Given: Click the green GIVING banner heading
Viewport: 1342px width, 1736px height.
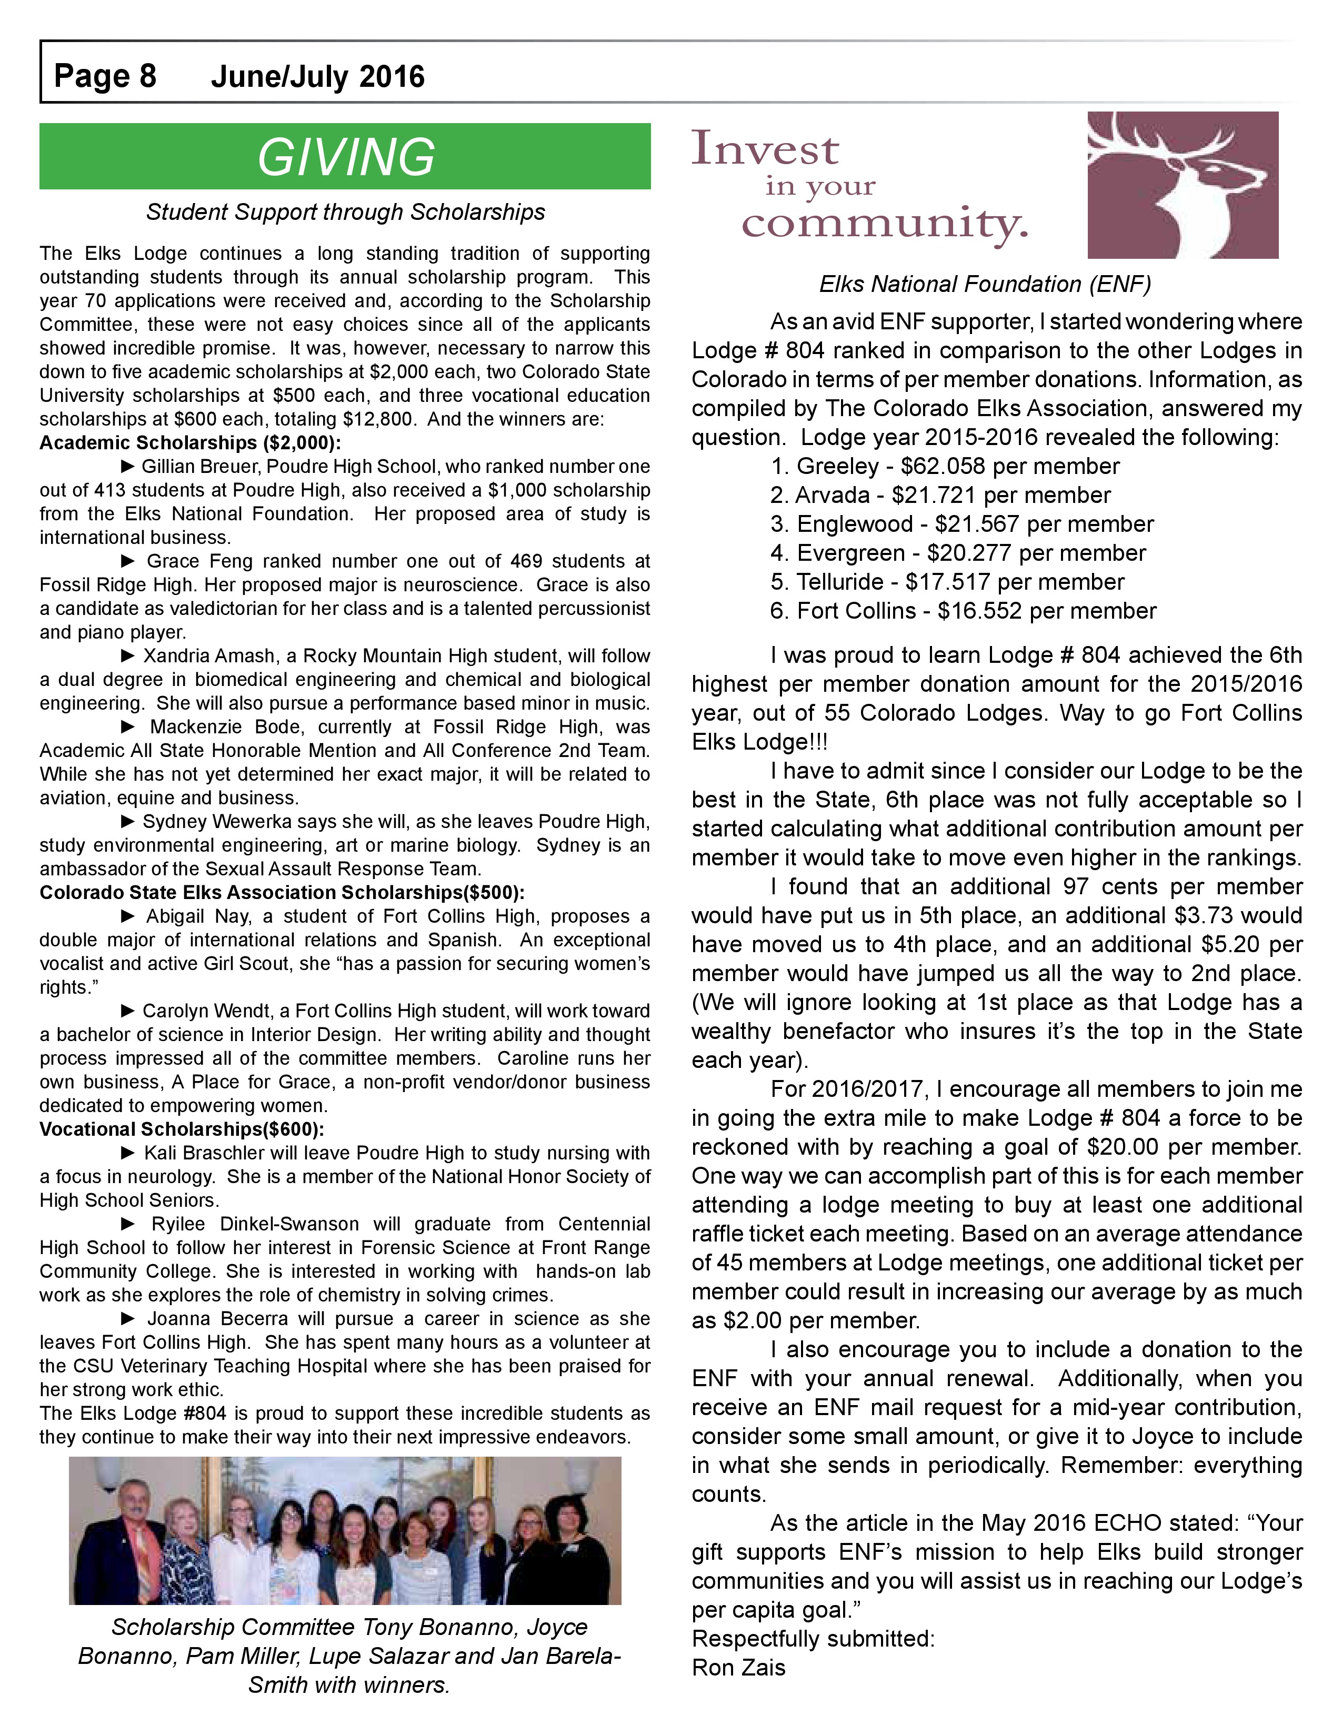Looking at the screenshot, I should (x=345, y=157).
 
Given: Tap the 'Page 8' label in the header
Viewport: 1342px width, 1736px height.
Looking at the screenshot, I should (x=105, y=76).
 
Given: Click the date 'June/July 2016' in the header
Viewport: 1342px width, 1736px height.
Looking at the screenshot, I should (x=317, y=76).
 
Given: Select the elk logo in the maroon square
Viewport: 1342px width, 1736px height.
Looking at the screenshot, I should (x=1182, y=185).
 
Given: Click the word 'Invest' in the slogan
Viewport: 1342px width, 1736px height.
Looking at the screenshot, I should (x=765, y=149).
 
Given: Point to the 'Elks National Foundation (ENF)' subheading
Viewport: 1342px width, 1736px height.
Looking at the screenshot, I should (x=985, y=284).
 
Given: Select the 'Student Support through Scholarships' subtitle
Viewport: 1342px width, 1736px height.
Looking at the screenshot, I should (x=345, y=212).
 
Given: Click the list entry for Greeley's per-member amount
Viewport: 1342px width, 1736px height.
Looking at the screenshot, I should (x=945, y=467).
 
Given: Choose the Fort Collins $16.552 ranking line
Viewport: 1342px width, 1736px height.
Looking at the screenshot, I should (x=963, y=611).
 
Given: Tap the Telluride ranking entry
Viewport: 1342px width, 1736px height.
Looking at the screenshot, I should (x=947, y=582).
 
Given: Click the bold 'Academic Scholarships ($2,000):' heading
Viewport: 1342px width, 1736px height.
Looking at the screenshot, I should (x=190, y=443).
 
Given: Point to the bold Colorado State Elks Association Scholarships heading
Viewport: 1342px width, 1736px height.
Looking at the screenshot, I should (x=282, y=893).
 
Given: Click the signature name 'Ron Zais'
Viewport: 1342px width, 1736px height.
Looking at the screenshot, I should (x=738, y=1667).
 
